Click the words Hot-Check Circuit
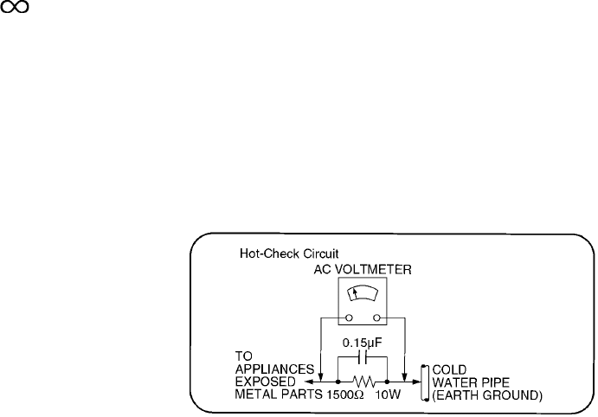[x=276, y=254]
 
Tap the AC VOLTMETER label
[x=363, y=270]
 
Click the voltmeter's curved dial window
[x=363, y=296]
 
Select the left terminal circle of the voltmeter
[x=348, y=317]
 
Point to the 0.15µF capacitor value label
[x=363, y=341]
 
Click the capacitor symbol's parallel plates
[x=363, y=356]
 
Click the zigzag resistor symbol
[x=363, y=380]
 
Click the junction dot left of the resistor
[x=337, y=380]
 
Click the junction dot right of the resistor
[x=389, y=380]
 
